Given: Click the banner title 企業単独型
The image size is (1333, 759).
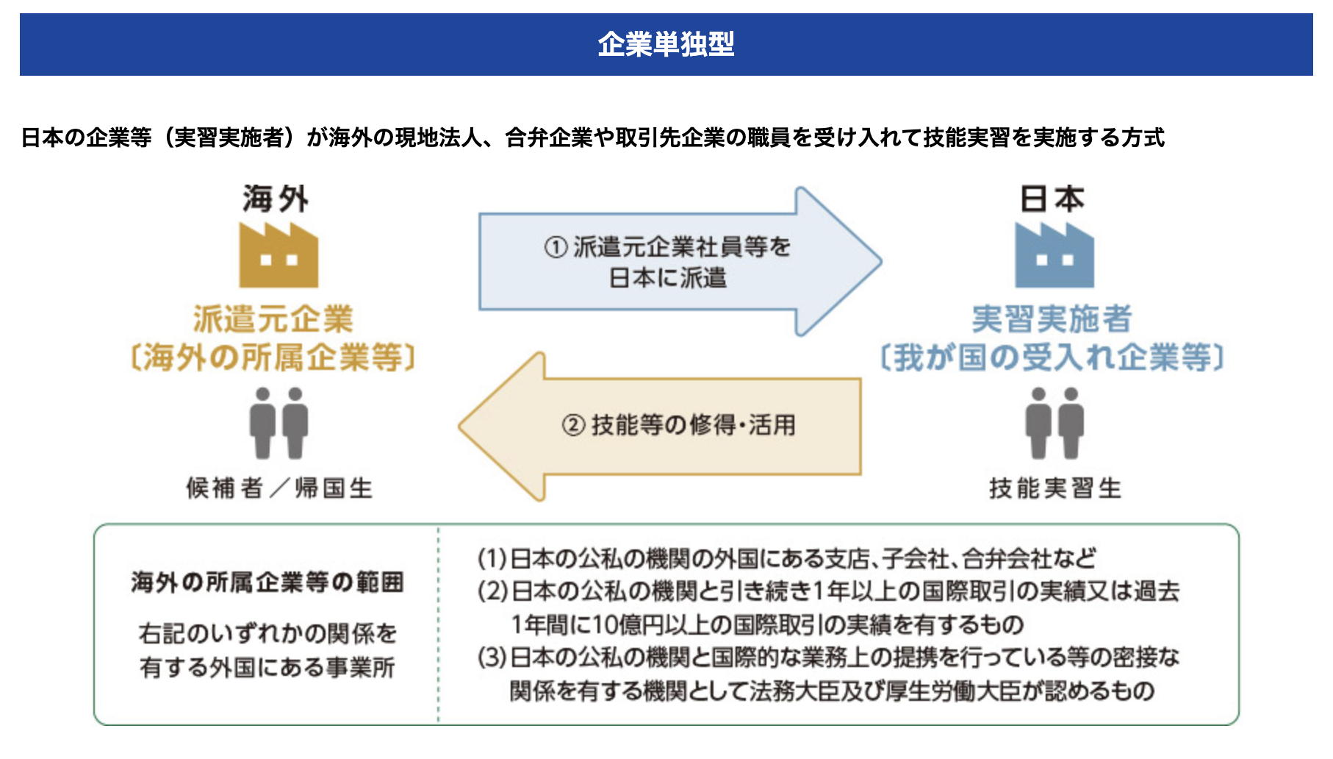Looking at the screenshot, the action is (666, 44).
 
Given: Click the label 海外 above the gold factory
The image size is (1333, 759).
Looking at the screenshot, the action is (276, 199).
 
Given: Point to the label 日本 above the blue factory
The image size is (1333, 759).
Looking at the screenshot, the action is (1052, 199).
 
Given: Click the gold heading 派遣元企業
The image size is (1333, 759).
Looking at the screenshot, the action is (273, 319).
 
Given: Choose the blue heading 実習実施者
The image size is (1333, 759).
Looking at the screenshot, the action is (1052, 319).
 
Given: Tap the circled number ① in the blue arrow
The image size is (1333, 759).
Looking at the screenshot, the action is (556, 247).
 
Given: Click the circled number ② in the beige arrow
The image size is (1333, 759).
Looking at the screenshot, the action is (573, 425).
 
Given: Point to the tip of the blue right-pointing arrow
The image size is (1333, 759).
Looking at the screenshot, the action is (881, 261).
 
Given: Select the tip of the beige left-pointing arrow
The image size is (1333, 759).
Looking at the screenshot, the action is (459, 427).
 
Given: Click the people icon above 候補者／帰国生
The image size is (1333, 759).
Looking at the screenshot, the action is (279, 424).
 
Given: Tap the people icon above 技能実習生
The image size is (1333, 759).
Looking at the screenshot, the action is (1054, 424).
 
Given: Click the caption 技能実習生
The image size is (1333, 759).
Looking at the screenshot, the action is (1055, 488).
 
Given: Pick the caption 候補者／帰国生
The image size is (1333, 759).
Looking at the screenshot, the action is (279, 488).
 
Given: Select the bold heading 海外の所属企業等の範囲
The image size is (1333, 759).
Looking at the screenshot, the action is (267, 582).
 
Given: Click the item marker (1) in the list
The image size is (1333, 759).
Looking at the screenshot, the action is (492, 559).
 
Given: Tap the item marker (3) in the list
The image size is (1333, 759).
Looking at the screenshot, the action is (492, 657).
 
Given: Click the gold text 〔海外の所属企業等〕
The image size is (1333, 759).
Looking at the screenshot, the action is (273, 358).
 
